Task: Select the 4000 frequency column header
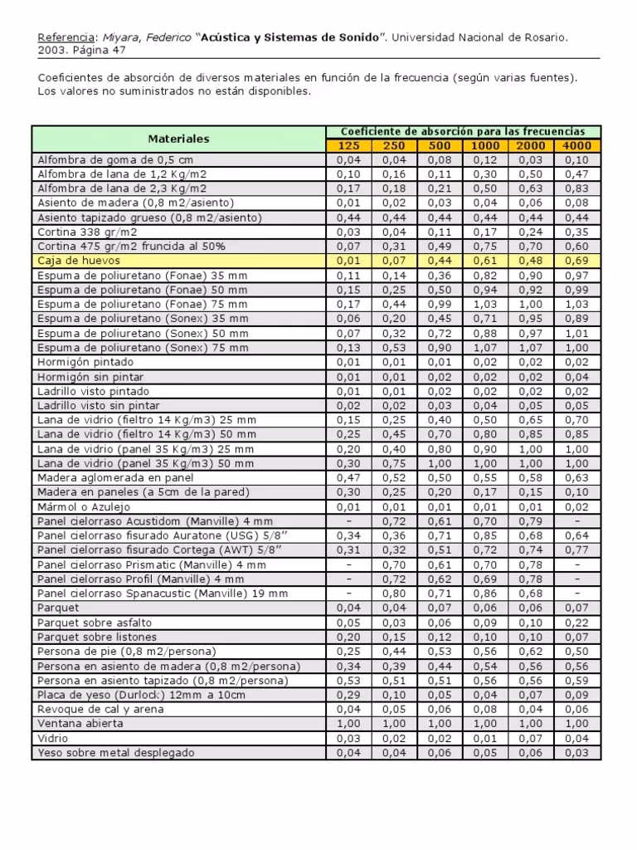tap(576, 145)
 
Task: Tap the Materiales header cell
tap(178, 139)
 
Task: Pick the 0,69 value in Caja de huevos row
tap(576, 261)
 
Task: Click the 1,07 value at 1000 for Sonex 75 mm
tap(485, 348)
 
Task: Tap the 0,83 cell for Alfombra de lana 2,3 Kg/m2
tap(576, 188)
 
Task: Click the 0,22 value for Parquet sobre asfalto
tap(576, 623)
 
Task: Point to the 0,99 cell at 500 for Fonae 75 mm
tap(440, 305)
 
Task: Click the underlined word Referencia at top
tap(66, 38)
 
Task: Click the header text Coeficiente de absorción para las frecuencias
tap(463, 131)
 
